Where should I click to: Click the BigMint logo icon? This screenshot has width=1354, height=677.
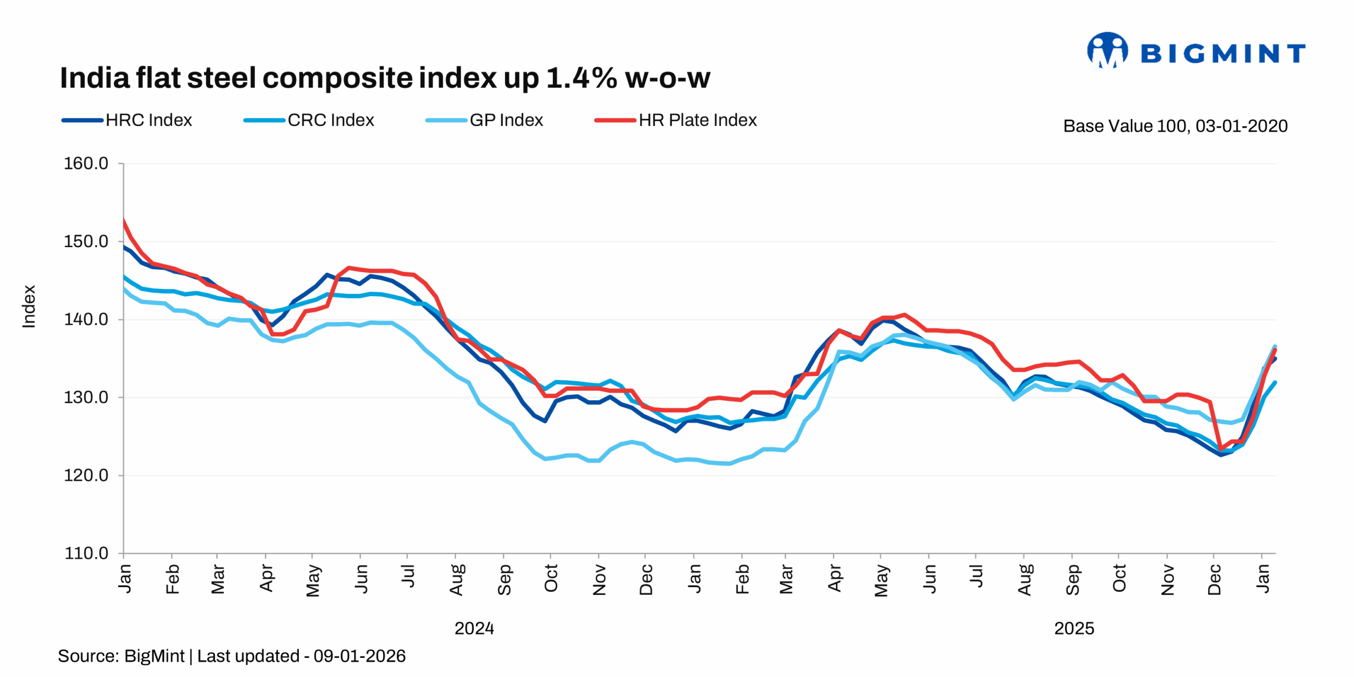[1106, 51]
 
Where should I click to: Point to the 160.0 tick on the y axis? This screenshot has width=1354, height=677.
[86, 163]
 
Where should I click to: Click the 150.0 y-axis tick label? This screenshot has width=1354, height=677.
[86, 242]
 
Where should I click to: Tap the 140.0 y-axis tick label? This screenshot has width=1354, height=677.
[86, 319]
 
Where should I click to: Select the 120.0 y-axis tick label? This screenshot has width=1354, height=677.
[86, 475]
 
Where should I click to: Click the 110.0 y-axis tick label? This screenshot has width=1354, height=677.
[86, 553]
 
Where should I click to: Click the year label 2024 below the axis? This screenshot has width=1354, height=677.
[474, 628]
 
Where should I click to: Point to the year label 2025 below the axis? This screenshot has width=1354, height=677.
[1074, 628]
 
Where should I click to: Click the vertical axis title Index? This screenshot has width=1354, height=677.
[29, 306]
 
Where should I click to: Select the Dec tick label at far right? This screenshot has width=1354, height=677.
[1214, 580]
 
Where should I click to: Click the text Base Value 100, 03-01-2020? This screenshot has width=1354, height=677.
[1175, 126]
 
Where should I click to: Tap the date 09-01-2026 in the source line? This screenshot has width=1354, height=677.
[360, 656]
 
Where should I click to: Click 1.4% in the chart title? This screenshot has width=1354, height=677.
[581, 78]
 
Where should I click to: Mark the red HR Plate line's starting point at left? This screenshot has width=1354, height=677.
[124, 220]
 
